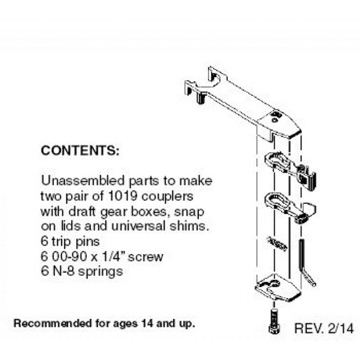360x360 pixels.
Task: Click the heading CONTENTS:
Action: (x=81, y=150)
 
